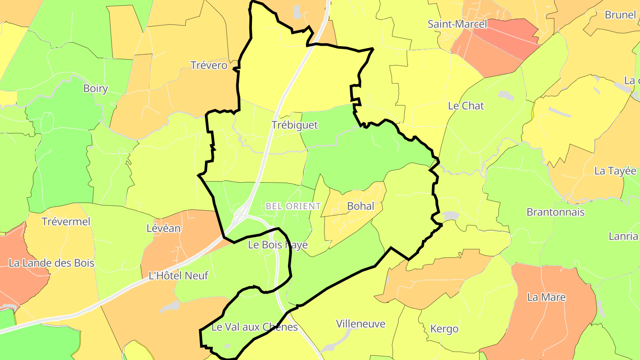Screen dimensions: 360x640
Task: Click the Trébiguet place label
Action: (295, 125)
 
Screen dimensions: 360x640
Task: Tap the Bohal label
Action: (360, 206)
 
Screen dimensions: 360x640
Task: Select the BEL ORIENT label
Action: (293, 206)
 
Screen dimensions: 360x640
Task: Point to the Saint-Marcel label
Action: (457, 24)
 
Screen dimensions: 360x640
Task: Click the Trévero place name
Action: (209, 65)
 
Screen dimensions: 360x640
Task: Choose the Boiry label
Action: (96, 88)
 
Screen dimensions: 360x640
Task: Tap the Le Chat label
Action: (466, 106)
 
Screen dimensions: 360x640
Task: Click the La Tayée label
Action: (615, 171)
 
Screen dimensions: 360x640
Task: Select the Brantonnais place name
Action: (556, 212)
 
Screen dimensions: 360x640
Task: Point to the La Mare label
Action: (546, 297)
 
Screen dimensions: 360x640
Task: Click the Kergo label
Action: (444, 329)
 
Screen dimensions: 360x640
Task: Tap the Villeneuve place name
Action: (360, 324)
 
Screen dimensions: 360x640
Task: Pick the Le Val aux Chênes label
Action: (254, 327)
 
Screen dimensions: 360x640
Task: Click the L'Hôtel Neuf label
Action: (178, 276)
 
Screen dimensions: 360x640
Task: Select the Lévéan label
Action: (164, 228)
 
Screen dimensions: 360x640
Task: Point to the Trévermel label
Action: (66, 221)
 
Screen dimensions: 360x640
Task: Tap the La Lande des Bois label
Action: (52, 263)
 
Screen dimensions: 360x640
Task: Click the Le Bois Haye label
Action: (278, 244)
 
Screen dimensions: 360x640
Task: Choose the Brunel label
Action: (620, 15)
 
